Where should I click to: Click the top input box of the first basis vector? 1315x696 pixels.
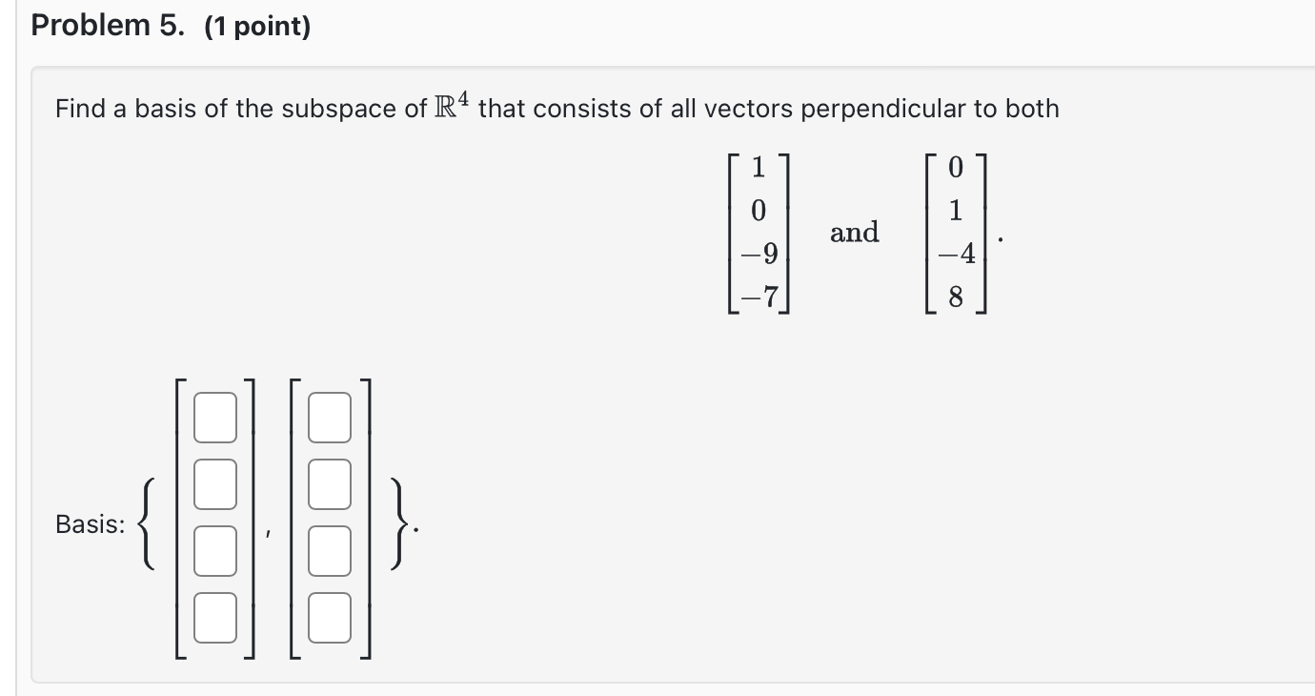coord(214,421)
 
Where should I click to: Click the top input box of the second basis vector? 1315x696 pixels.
coord(330,421)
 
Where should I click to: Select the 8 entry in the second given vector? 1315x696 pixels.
coord(956,298)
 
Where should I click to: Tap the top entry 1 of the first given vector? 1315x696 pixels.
coord(759,167)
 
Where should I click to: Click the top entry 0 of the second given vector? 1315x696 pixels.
coord(956,167)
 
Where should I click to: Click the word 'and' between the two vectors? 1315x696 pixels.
coord(855,232)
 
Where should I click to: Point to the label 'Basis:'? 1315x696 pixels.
coord(90,523)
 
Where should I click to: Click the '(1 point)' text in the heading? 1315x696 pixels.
coord(257,28)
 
